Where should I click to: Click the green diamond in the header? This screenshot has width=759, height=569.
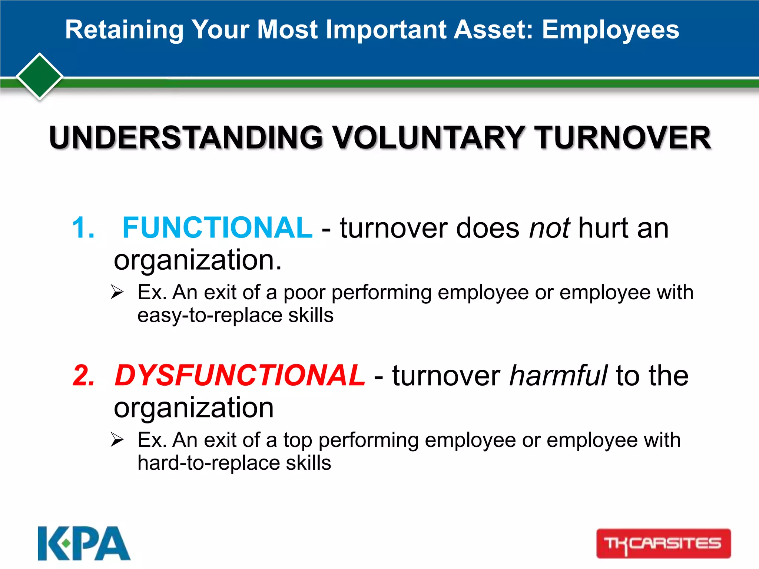coord(40,76)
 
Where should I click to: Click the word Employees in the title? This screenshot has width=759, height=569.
coord(610,30)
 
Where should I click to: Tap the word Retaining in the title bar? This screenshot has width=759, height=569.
coord(124,30)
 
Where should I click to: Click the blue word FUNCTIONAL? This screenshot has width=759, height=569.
coord(217,227)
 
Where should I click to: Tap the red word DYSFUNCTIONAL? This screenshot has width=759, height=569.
coord(239,375)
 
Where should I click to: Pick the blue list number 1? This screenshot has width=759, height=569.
coord(83,227)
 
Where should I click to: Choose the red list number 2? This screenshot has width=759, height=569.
coord(84,376)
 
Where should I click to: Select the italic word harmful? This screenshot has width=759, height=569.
coord(558,375)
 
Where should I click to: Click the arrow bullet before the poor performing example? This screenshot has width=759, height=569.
coord(117,292)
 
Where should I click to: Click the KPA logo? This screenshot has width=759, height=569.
coord(84,543)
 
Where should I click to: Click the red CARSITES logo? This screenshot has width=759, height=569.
coord(663,543)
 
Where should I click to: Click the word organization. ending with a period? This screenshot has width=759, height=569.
coord(198,260)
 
